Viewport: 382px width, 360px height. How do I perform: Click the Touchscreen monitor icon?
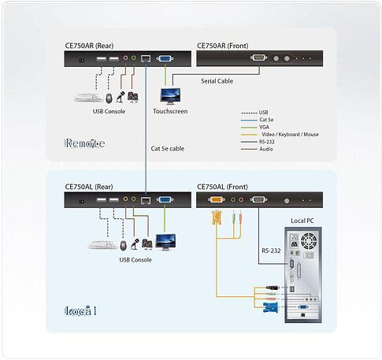(170, 96)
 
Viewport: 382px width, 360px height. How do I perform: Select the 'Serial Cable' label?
(217, 81)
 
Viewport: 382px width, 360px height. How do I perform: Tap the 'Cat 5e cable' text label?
(168, 149)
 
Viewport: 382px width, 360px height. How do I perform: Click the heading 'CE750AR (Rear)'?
(89, 46)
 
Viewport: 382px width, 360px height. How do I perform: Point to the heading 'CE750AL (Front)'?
(222, 187)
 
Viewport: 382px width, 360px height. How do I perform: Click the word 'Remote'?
(85, 143)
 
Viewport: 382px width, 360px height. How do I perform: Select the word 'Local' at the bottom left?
(80, 311)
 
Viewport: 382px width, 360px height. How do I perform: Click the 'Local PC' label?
(302, 221)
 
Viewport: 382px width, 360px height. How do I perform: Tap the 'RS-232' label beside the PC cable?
(271, 251)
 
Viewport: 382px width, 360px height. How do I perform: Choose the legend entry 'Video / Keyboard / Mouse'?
(290, 135)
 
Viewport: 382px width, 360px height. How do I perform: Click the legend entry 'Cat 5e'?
(266, 120)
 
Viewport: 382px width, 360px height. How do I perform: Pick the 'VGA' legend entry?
(264, 127)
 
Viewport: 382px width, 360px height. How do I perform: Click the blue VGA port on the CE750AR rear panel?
(165, 58)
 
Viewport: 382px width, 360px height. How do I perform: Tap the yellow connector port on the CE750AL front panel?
(217, 200)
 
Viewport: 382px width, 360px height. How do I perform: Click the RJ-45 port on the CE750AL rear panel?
(146, 200)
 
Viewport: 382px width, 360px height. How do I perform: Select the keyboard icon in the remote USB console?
(88, 98)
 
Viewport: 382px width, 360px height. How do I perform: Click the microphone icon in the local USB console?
(135, 244)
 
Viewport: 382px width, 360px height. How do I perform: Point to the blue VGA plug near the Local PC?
(270, 308)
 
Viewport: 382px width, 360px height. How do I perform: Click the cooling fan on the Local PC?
(309, 241)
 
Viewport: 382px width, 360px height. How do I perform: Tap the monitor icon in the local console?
(165, 242)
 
